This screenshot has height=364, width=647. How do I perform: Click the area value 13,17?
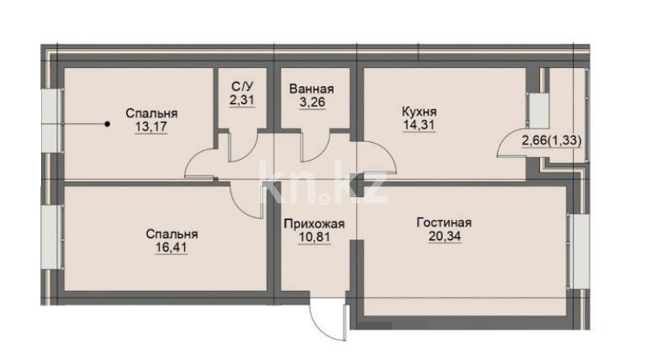tap(151, 127)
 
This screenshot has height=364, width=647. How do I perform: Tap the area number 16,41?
tap(171, 247)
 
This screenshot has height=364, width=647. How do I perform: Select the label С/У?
tap(242, 86)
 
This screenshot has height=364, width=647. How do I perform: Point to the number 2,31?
tap(242, 100)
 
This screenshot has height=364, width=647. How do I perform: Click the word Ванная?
tap(312, 89)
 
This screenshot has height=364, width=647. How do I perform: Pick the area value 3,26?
tap(312, 102)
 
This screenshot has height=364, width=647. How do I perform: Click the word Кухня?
tap(420, 111)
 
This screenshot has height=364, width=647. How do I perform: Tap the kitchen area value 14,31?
tap(419, 125)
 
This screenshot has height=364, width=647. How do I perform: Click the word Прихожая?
tap(314, 224)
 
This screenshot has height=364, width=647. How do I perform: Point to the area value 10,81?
tap(314, 237)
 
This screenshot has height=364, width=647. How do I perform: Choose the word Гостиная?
tap(444, 223)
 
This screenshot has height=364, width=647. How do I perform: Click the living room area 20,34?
tap(445, 236)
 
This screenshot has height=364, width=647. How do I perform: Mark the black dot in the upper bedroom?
tap(107, 124)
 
